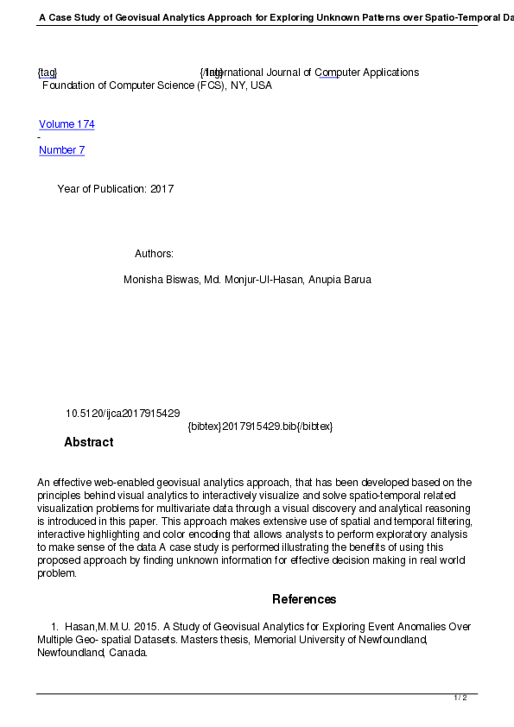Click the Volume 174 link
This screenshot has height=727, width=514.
point(67,124)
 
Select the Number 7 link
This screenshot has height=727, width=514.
point(61,150)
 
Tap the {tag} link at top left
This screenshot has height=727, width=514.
point(48,73)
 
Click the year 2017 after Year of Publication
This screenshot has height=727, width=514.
point(162,189)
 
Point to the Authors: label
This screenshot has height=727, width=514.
point(154,254)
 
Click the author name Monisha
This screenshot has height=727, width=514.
point(145,280)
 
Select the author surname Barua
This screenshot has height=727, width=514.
point(357,280)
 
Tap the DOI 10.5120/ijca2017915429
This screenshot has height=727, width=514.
point(123,414)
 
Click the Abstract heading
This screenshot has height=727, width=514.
point(88,442)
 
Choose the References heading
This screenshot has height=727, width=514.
point(304,599)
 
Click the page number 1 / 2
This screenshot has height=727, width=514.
point(460,698)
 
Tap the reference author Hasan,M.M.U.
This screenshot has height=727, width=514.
point(95,626)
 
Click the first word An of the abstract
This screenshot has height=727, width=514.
point(44,483)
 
